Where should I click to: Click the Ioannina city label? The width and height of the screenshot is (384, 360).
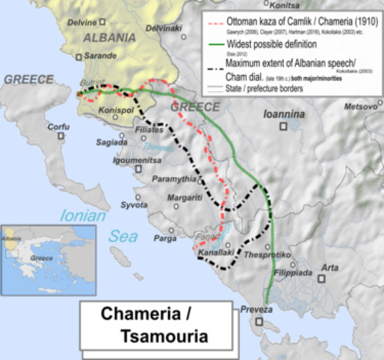pos(284,114)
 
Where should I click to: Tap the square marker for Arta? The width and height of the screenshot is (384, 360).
pos(322,278)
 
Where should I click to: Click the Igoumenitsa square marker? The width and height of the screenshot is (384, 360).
pos(139,169)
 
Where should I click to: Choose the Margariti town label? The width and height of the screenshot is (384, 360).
pos(185,197)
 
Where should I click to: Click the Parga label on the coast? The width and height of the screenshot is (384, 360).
pos(165,238)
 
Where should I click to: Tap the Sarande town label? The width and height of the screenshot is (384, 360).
pos(100,55)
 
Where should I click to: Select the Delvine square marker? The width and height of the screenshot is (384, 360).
pos(102,21)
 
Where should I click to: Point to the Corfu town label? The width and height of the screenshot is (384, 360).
pos(58,127)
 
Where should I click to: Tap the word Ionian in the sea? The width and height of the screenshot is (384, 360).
pos(83,216)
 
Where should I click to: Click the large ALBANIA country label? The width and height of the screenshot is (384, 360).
pos(109,38)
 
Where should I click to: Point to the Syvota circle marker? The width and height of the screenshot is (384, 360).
pos(138,197)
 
